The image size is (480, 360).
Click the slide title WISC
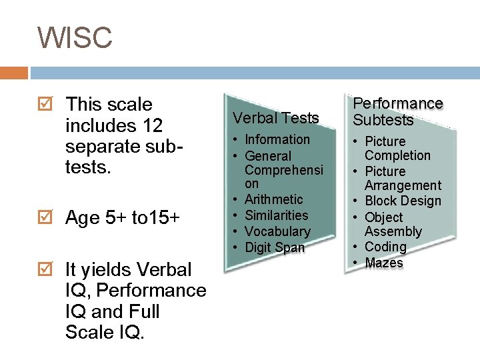[75, 37]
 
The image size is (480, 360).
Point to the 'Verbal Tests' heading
[276, 118]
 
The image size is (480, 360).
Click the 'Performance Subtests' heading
[397, 111]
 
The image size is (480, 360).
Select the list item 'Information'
[277, 139]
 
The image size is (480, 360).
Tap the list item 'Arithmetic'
[273, 199]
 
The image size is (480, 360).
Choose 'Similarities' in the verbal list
[276, 215]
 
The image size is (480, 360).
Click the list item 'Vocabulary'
[277, 231]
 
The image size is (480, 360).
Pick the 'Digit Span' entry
[274, 247]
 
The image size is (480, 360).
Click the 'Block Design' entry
[403, 201]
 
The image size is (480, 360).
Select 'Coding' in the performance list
[385, 247]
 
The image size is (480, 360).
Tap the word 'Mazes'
[384, 263]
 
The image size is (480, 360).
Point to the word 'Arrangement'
[403, 185]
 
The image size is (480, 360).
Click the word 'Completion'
[397, 155]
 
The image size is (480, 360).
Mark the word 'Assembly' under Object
[393, 231]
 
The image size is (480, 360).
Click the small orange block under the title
[14, 72]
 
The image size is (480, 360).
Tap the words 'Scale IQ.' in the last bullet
[105, 332]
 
